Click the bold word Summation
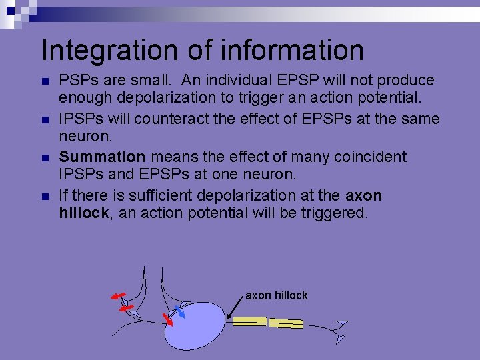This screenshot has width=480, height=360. [102, 157]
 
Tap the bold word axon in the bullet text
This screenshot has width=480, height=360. [364, 196]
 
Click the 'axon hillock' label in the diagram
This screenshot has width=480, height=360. [277, 295]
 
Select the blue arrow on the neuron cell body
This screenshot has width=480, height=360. [179, 309]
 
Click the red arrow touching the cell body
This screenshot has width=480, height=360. [167, 319]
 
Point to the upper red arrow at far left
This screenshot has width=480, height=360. [119, 295]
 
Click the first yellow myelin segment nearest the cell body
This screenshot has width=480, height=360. [249, 321]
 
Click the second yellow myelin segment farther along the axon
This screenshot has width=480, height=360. [285, 324]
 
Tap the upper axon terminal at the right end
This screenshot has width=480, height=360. [342, 325]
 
